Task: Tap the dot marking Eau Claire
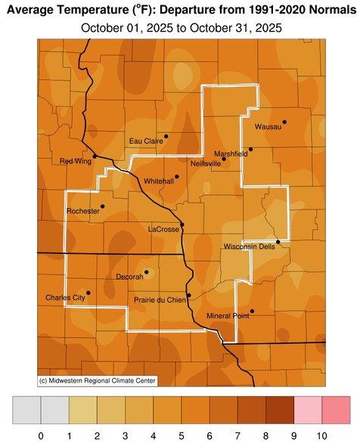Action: pyautogui.click(x=166, y=136)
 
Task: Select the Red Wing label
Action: pyautogui.click(x=76, y=161)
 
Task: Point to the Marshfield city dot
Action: pyautogui.click(x=250, y=149)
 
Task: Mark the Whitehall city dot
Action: pyautogui.click(x=176, y=177)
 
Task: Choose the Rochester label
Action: pyautogui.click(x=83, y=211)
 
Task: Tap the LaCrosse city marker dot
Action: pyautogui.click(x=182, y=224)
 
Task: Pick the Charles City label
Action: pyautogui.click(x=65, y=297)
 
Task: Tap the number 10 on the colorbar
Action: pyautogui.click(x=321, y=435)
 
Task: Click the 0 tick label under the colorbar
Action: pyautogui.click(x=40, y=435)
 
